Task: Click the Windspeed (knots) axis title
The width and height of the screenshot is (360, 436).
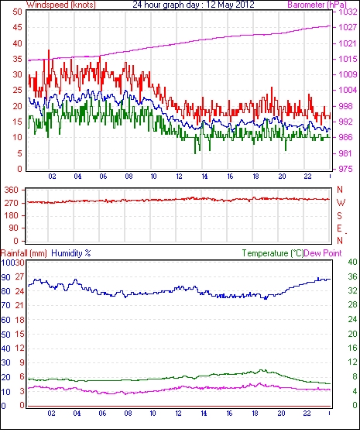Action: tap(61, 5)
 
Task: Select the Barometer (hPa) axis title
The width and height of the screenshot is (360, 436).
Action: tap(317, 5)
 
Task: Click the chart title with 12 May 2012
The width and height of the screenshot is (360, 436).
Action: tap(194, 5)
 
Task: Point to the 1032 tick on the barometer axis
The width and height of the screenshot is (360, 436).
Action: tap(348, 12)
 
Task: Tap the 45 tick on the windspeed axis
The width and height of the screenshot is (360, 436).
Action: tap(17, 28)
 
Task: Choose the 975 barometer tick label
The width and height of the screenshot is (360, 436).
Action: tap(345, 169)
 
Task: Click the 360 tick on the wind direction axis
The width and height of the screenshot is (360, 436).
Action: tap(11, 191)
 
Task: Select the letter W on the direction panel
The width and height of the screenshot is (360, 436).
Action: tap(341, 203)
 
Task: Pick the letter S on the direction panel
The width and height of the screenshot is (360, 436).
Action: tap(339, 215)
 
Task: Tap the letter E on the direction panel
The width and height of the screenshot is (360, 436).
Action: tap(339, 228)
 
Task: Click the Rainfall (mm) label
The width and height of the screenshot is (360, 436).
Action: tap(24, 253)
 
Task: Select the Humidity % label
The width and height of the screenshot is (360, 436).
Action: tap(71, 253)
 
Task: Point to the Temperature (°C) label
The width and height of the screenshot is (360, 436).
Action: tap(273, 253)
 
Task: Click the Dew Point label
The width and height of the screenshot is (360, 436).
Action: tap(323, 253)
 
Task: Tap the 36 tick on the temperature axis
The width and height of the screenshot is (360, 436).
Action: tap(352, 276)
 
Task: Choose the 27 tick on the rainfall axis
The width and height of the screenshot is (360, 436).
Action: tap(19, 277)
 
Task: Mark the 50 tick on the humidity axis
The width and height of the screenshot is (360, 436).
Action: tap(6, 335)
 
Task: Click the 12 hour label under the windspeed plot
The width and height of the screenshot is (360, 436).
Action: tap(179, 177)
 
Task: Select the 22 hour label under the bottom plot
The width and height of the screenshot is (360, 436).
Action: tap(307, 414)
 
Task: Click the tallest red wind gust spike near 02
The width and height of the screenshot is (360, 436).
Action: tap(49, 50)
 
